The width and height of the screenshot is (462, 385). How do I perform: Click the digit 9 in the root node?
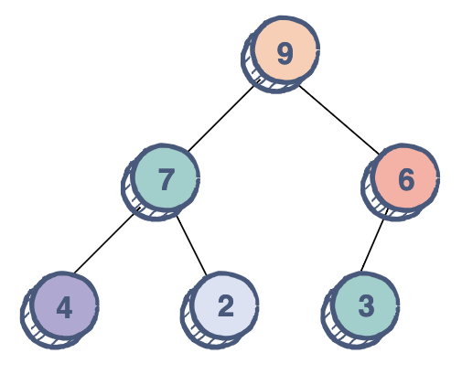pos(285,53)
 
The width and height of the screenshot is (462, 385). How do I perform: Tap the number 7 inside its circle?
pos(166,179)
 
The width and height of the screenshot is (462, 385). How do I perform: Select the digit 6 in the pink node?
pos(406,180)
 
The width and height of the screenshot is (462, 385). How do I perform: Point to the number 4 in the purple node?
pos(64,307)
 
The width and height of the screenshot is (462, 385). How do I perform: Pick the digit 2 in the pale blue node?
pos(226,305)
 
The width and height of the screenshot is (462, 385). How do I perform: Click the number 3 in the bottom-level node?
pos(366,305)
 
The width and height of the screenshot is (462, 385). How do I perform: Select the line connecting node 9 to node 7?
pos(220,118)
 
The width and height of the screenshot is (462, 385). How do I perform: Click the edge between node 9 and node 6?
pos(339,120)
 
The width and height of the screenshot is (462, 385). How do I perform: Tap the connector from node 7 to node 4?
pos(104,243)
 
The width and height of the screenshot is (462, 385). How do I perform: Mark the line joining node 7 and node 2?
pos(191,245)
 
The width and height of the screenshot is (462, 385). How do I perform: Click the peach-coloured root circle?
pos(286,48)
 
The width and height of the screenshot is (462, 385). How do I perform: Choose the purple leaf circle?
pos(66,305)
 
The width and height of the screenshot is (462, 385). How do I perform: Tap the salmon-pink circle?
pos(405,176)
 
